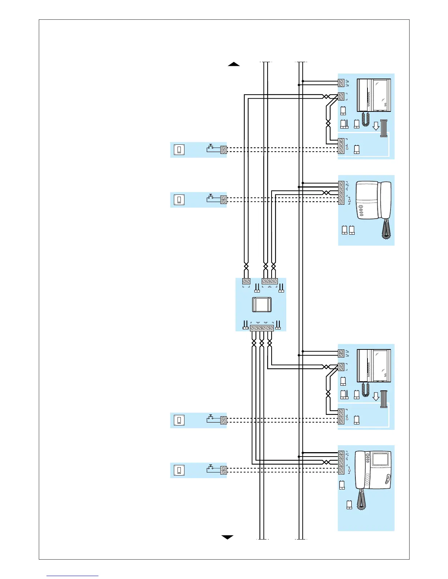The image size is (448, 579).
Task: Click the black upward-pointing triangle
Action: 234,65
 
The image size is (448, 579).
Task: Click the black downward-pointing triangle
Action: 227,537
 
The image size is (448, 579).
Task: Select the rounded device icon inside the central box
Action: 262,305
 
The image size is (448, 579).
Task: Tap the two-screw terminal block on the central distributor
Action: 246,281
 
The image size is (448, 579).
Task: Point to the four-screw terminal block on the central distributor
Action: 270,281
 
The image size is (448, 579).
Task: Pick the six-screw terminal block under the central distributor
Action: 262,328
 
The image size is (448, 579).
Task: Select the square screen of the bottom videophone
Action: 381,459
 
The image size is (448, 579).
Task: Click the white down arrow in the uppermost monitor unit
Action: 376,126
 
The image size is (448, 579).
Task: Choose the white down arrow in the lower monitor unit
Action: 376,397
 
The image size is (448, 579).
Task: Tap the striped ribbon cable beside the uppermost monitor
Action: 384,128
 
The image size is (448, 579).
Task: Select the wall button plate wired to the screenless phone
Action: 179,200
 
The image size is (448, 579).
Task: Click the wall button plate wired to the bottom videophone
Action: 179,470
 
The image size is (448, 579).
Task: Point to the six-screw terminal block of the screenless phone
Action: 341,193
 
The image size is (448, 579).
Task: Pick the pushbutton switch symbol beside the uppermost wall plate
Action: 210,148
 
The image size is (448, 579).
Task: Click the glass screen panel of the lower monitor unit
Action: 381,365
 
